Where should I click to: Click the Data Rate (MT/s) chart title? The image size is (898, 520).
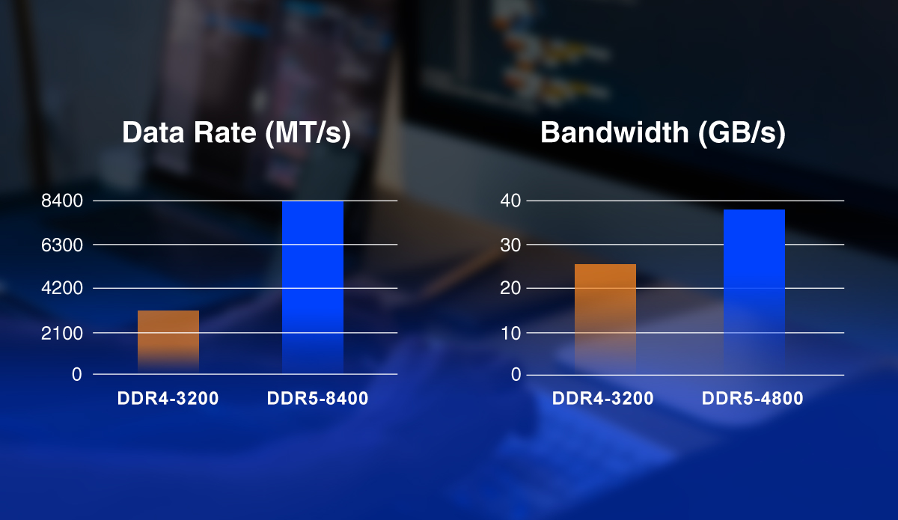coord(236,134)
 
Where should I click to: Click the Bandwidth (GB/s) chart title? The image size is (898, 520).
coord(663,134)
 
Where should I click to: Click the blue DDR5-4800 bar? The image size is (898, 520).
coord(754,291)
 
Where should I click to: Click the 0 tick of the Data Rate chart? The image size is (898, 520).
coord(76,375)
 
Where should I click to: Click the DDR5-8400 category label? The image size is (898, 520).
coord(317,399)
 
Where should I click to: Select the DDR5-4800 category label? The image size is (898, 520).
coord(752,399)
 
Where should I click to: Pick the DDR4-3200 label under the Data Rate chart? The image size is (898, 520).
coord(168,399)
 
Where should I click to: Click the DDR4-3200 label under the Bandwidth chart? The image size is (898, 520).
coord(602,399)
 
